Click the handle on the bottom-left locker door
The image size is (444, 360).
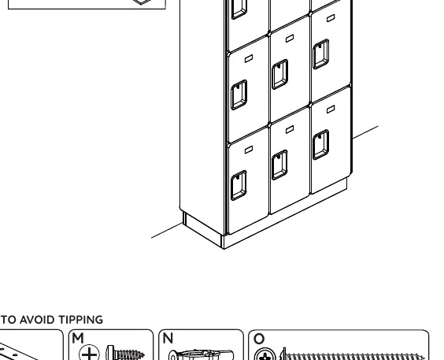tap(239, 186)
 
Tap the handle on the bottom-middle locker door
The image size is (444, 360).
tap(279, 165)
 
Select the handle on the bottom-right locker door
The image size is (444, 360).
tap(321, 144)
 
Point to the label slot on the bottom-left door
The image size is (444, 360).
tap(249, 150)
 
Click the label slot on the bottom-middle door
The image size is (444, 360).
tap(290, 129)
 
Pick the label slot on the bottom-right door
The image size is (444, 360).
tap(331, 109)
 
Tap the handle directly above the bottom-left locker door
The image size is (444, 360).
tap(239, 95)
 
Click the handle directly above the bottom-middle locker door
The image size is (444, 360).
tap(279, 74)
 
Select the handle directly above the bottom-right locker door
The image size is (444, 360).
tap(321, 54)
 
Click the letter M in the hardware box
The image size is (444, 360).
tap(78, 338)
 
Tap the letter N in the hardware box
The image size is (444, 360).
tap(168, 338)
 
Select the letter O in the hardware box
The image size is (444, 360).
tap(259, 339)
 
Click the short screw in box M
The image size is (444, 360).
tap(125, 353)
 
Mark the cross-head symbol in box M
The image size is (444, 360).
tap(89, 353)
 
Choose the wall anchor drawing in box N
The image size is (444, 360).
tap(201, 355)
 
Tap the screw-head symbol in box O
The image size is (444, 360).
tap(265, 354)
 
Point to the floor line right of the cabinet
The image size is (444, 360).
tap(365, 132)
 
